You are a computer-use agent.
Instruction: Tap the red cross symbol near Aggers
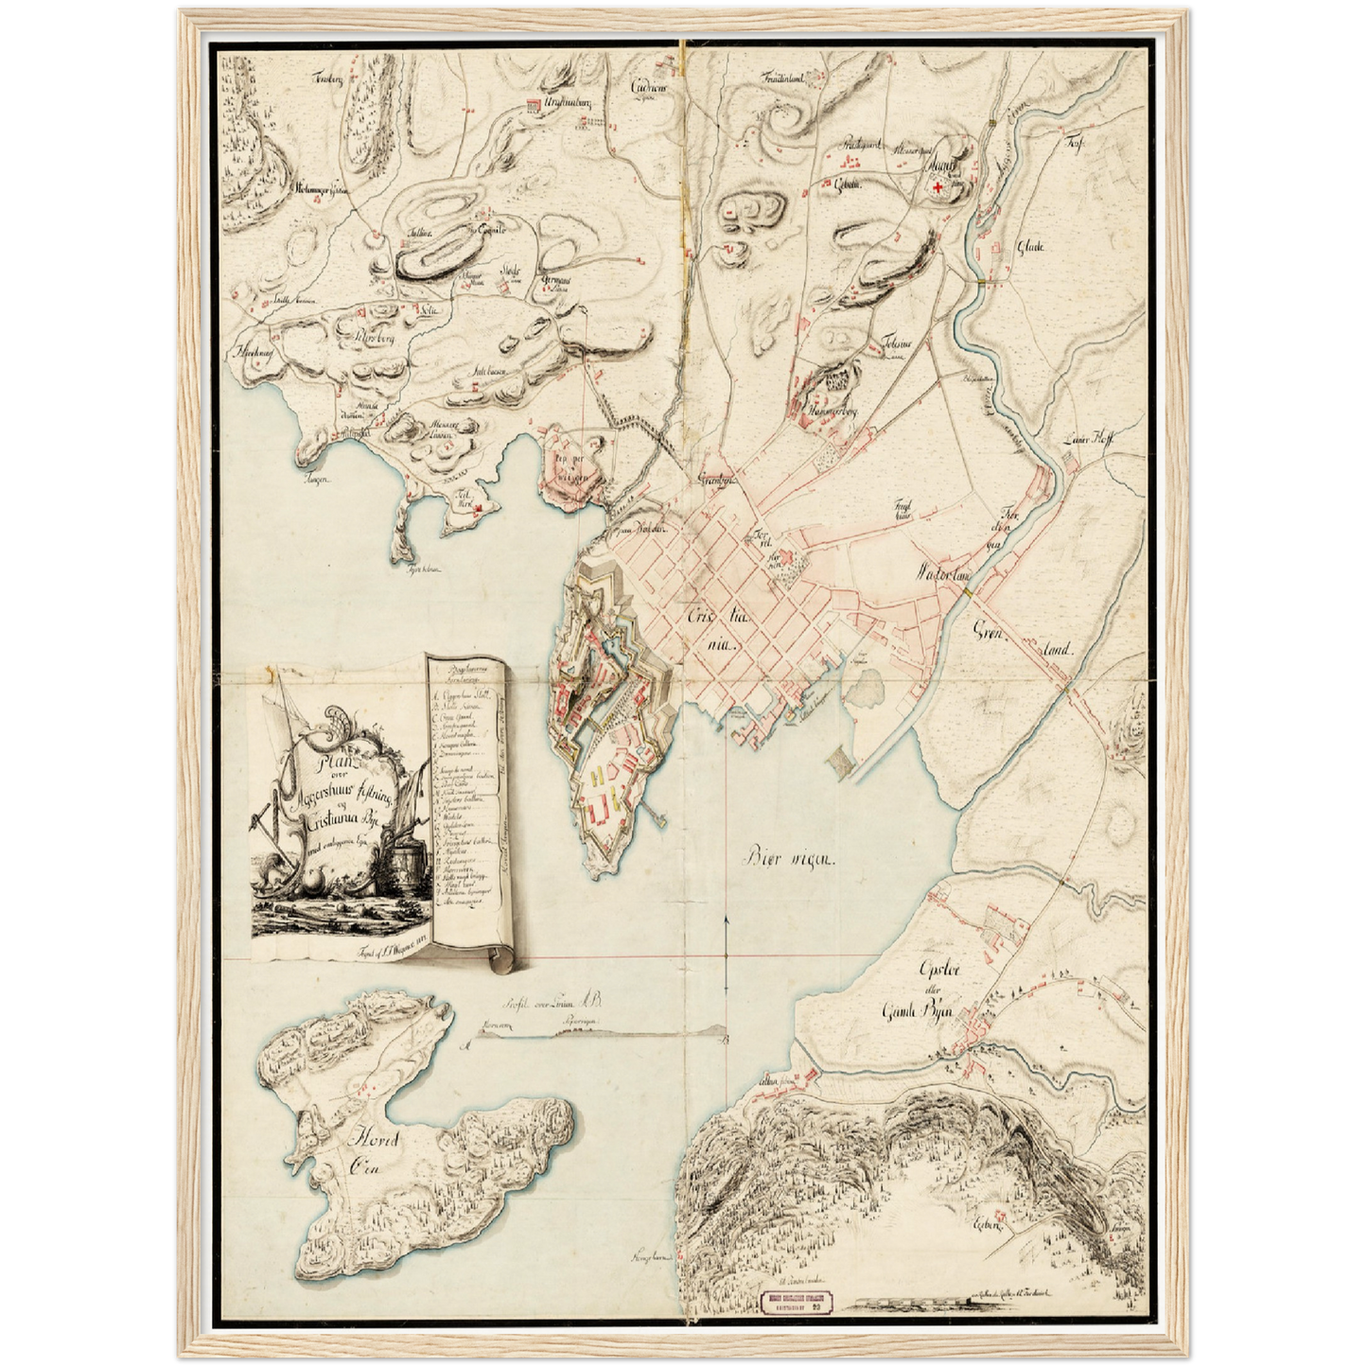coord(938,190)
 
